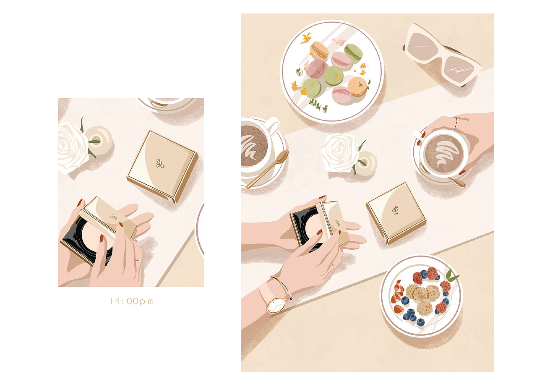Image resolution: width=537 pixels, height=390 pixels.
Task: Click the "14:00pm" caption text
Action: click(x=132, y=301)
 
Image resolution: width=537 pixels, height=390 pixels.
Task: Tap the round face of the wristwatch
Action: click(x=276, y=305)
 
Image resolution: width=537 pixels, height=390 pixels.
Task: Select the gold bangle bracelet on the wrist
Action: click(x=282, y=287)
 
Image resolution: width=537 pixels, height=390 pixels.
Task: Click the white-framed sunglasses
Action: click(x=442, y=54)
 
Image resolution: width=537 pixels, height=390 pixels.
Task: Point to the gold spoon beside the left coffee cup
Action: click(x=267, y=169)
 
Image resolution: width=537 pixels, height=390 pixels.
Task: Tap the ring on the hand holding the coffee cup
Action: click(x=455, y=123)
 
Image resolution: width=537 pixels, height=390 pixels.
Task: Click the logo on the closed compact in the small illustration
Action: click(x=160, y=164)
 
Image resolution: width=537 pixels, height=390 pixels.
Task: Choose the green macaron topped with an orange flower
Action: click(x=334, y=76)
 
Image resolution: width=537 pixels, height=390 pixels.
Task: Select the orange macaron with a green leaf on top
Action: click(x=357, y=86)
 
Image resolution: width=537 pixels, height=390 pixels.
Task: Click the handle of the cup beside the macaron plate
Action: click(x=273, y=125)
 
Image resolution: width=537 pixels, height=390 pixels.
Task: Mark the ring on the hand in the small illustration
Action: click(x=138, y=260)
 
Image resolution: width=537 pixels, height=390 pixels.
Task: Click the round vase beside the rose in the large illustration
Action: click(x=366, y=163)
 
